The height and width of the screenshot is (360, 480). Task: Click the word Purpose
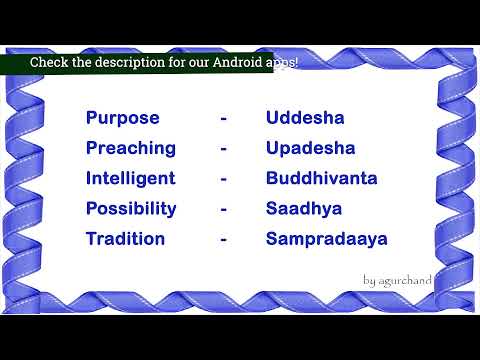pyautogui.click(x=122, y=118)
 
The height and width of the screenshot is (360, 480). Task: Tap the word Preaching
pyautogui.click(x=130, y=148)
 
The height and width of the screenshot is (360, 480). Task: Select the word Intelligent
pyautogui.click(x=130, y=178)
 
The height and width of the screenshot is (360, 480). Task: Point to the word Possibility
pyautogui.click(x=131, y=209)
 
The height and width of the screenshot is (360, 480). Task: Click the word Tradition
pyautogui.click(x=126, y=239)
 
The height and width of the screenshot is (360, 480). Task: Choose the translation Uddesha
pyautogui.click(x=305, y=118)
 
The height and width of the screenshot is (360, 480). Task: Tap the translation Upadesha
pyautogui.click(x=310, y=148)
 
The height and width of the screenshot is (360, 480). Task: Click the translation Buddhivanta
pyautogui.click(x=321, y=178)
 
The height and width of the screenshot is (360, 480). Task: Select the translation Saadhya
pyautogui.click(x=304, y=209)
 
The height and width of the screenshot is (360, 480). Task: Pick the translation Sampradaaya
pyautogui.click(x=326, y=239)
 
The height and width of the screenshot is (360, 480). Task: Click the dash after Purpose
pyautogui.click(x=224, y=119)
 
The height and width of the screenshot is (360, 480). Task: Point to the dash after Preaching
pyautogui.click(x=224, y=149)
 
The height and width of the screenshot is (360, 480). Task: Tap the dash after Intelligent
pyautogui.click(x=224, y=179)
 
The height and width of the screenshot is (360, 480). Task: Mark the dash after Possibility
pyautogui.click(x=224, y=210)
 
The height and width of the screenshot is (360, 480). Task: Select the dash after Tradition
pyautogui.click(x=224, y=240)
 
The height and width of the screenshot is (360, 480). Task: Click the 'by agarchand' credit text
pyautogui.click(x=397, y=281)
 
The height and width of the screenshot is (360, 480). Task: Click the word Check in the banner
pyautogui.click(x=49, y=62)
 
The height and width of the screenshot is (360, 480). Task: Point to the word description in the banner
pyautogui.click(x=121, y=62)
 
